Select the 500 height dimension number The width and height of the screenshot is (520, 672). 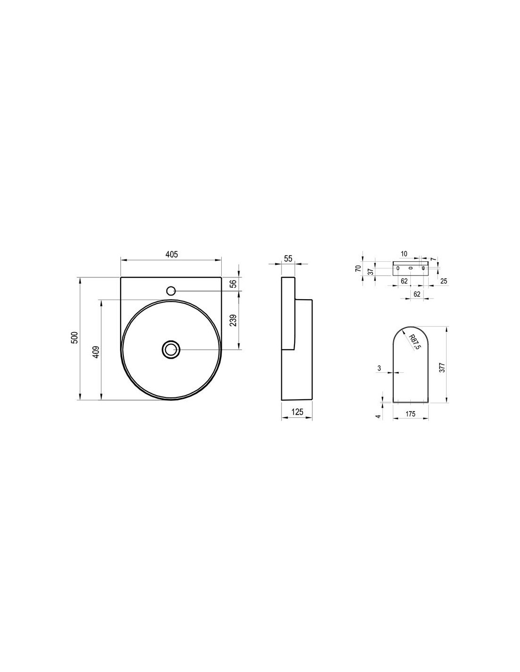point(78,338)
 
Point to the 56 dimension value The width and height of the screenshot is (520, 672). point(234,284)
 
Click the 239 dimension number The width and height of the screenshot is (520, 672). point(234,320)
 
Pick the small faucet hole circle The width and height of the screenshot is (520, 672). point(171,291)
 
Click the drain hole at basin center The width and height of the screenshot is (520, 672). point(171,349)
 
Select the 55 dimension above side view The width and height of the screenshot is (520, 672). point(288,258)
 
